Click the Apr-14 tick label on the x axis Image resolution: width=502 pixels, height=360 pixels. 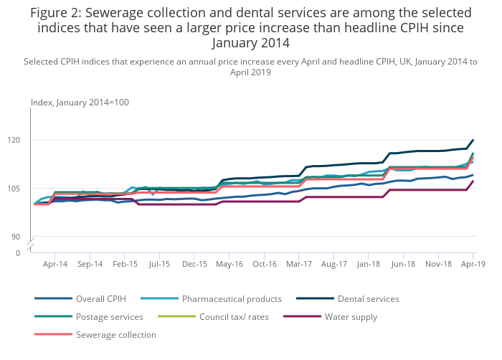pos(55,264)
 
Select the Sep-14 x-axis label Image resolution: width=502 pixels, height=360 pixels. pos(90,264)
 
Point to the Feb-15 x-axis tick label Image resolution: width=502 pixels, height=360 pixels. pos(125,264)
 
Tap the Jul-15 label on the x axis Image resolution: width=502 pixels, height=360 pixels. pos(159,264)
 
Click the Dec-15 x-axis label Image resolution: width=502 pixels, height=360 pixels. pos(194,264)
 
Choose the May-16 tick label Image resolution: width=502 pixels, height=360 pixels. pos(229,264)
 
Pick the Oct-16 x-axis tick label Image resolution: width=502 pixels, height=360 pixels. pos(264,264)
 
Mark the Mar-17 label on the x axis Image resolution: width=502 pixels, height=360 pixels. pos(299,264)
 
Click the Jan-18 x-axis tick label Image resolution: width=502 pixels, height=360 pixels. pos(369,264)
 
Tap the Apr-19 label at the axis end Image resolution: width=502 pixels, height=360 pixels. pos(473,264)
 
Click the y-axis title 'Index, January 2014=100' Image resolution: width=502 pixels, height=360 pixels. pos(80,103)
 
